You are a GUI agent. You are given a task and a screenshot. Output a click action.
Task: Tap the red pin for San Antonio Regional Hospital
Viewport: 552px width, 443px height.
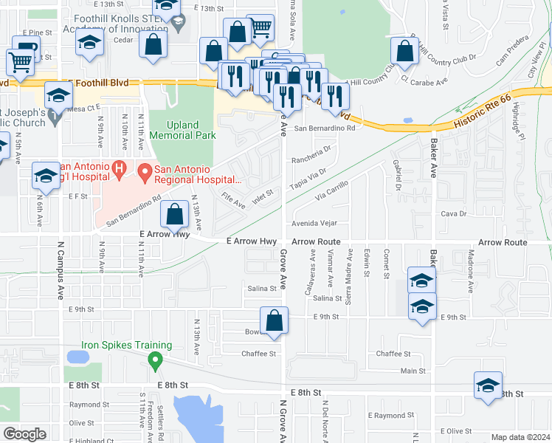tap(145, 173)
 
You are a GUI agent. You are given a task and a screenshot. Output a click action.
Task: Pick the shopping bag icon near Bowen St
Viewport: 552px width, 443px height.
tap(274, 322)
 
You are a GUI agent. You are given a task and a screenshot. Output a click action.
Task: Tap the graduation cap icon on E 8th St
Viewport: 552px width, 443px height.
tap(488, 387)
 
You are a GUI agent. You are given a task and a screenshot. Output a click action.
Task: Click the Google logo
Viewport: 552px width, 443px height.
tap(24, 434)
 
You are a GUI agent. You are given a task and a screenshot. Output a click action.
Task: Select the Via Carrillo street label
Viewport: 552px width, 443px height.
tap(331, 196)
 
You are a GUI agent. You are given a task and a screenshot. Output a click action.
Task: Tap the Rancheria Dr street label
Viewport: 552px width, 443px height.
tap(312, 157)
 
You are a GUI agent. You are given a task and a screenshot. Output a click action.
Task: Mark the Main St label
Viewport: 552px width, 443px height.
tap(413, 371)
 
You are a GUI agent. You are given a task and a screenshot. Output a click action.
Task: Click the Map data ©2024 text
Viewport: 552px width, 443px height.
tap(520, 436)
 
